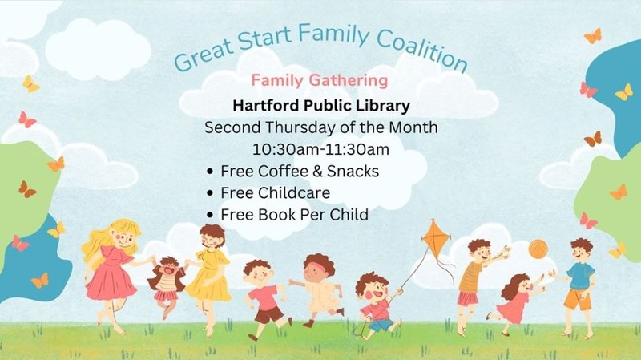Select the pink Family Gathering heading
pos(320,81)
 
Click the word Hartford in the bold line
pos(264,105)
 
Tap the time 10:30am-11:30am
pos(320,149)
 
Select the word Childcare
pos(292,192)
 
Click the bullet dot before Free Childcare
pos(210,193)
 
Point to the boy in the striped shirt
pos(472,277)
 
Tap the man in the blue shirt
pos(579,281)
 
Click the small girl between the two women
pos(166,281)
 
